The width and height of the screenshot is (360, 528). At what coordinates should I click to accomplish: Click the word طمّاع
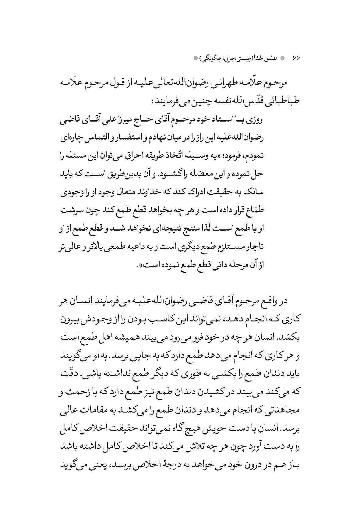point(255,211)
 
